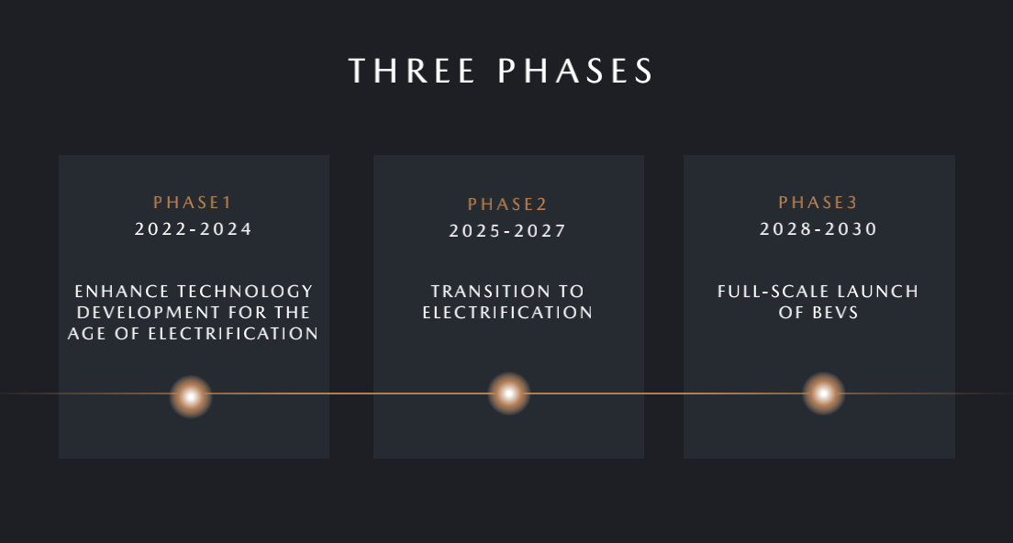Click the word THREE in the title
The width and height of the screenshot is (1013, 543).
[411, 71]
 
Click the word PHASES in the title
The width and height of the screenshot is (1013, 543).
[575, 71]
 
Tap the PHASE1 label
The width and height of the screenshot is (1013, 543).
[193, 202]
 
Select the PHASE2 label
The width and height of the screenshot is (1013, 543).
[507, 204]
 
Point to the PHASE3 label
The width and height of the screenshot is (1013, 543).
[818, 202]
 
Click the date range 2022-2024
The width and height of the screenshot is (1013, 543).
[194, 228]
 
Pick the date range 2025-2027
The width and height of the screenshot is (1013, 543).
[507, 230]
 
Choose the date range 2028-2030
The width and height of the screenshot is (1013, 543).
[818, 228]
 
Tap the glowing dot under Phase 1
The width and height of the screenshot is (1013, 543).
[191, 397]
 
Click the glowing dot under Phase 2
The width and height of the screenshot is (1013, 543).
[509, 393]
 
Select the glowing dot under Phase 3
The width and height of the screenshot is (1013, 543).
[824, 393]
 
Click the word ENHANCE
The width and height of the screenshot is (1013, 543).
[122, 291]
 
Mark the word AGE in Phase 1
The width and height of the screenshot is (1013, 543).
[87, 333]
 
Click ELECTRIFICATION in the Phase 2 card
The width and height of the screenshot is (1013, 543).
[507, 313]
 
